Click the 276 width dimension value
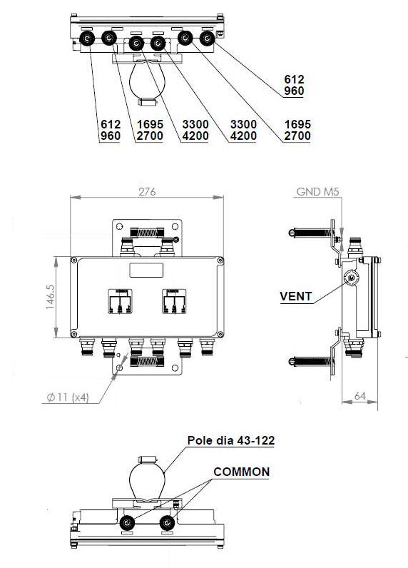coord(147,192)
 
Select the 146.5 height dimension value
coord(51,297)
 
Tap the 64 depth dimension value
coord(359,396)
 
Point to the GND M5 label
coord(317,192)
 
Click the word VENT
coord(296,296)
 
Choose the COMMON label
coord(242,472)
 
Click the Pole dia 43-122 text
coord(231,440)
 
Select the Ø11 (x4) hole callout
coord(68,397)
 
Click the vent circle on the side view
coord(351,278)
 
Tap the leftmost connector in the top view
coord(87,39)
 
